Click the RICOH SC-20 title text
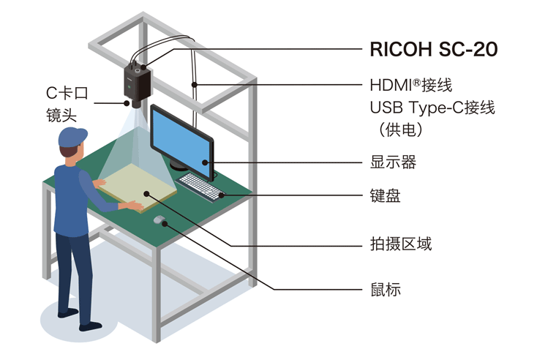(434, 49)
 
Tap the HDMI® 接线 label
(411, 85)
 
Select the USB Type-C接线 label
(432, 108)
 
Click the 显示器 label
(393, 162)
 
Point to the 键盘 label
(385, 196)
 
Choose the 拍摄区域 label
(401, 244)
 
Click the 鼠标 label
(386, 290)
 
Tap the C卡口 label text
(67, 93)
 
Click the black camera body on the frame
(137, 82)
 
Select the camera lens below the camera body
(136, 104)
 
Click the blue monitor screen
(181, 141)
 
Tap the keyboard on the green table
(200, 187)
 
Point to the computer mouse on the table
(159, 220)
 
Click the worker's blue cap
(72, 137)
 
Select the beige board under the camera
(138, 188)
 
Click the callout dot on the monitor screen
(205, 162)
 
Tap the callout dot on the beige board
(146, 194)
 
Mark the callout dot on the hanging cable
(194, 85)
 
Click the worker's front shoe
(91, 327)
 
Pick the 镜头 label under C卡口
(61, 115)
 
